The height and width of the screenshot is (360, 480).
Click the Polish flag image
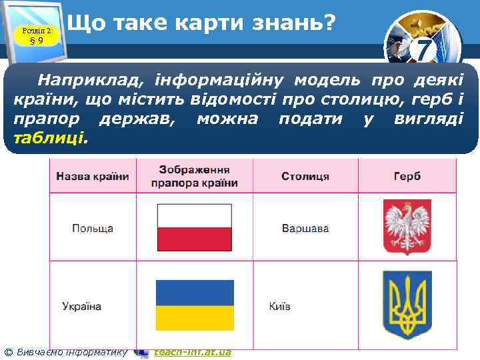point(194,227)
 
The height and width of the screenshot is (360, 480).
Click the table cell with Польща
point(93,228)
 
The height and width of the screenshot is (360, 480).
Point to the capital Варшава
point(305,228)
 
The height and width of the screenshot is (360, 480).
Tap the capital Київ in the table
point(279,307)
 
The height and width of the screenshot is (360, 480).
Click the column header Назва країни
point(93,177)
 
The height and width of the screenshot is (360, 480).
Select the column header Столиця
point(305,177)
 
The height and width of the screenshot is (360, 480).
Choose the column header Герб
point(407,177)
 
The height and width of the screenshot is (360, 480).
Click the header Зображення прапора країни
point(195,176)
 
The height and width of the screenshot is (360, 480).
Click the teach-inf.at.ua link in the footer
point(192,351)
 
